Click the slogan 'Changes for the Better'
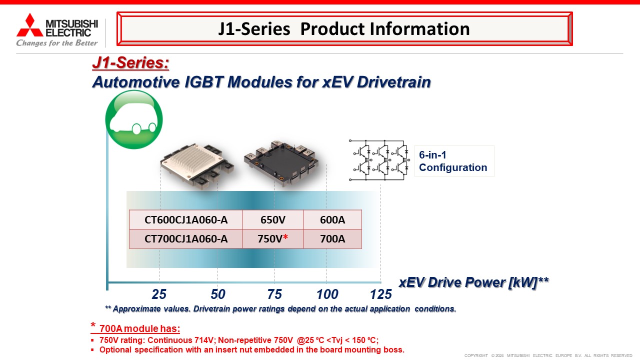(x=57, y=43)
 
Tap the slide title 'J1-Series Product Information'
(x=344, y=29)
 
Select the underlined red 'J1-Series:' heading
(x=130, y=62)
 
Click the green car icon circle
(x=134, y=119)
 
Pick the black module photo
(x=281, y=163)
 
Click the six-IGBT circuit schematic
(x=379, y=160)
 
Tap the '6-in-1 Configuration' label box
(x=454, y=161)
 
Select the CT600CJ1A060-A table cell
(x=186, y=219)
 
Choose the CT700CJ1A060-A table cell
(x=186, y=239)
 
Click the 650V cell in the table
(x=273, y=219)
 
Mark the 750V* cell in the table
(x=273, y=239)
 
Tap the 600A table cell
(x=332, y=219)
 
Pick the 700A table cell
(x=332, y=239)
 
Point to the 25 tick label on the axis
(x=159, y=294)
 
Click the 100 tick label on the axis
(x=327, y=294)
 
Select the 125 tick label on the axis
(x=381, y=294)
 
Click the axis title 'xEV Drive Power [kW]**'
(x=473, y=282)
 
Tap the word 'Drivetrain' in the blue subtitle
(x=393, y=82)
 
